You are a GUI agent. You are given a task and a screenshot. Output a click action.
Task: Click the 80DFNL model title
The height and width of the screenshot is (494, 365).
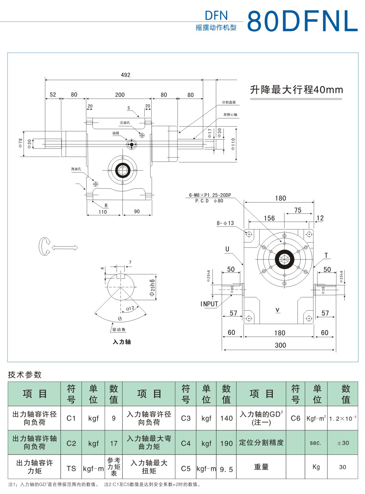(302, 21)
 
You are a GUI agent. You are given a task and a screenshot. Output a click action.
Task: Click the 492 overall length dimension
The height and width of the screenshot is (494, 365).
(125, 75)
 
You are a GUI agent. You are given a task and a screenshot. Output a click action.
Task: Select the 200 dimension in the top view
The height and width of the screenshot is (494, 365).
(120, 95)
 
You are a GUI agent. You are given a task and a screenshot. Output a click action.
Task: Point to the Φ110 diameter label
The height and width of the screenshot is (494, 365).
(233, 144)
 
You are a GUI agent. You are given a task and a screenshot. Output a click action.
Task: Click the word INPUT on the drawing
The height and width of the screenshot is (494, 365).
(209, 304)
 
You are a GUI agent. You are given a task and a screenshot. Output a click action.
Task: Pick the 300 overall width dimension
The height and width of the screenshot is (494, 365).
(280, 345)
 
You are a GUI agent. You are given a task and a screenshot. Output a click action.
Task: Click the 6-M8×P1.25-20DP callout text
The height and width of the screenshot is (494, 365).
(210, 195)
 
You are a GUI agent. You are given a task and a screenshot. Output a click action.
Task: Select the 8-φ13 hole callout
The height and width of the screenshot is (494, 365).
(225, 223)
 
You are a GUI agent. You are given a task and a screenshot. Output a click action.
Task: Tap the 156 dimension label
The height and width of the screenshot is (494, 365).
(269, 218)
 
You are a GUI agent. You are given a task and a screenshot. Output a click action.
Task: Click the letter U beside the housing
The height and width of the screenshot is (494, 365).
(227, 249)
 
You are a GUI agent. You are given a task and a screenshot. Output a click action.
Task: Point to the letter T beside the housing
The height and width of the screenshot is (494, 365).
(326, 256)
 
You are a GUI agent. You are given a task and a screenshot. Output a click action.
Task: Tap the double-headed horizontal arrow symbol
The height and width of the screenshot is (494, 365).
(64, 248)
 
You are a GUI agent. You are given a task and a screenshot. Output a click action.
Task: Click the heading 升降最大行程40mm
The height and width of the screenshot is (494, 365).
(296, 90)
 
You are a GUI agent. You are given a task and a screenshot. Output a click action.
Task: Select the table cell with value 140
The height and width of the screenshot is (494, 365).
(226, 418)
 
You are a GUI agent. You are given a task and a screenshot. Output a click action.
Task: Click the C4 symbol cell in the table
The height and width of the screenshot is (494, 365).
(186, 443)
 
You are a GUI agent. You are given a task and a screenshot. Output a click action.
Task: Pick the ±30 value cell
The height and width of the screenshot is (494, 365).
(343, 443)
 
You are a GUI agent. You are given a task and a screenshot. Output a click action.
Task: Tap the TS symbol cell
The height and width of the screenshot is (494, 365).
(71, 468)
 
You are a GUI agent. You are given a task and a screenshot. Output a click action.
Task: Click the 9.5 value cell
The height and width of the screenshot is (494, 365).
(226, 469)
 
